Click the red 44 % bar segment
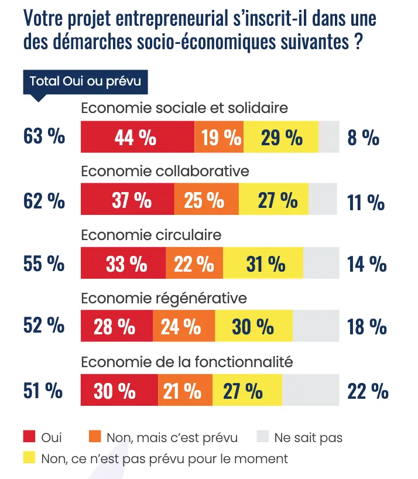[x=136, y=138]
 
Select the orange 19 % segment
[x=219, y=138]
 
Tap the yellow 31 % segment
[x=263, y=264]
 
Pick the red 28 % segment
[x=116, y=326]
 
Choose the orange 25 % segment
[x=206, y=200]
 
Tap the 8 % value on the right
[x=364, y=138]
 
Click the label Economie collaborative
[x=165, y=171]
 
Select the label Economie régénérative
[x=163, y=298]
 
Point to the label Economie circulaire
[x=151, y=235]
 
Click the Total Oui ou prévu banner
[x=85, y=81]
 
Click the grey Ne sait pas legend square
[x=263, y=437]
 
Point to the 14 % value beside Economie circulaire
[x=367, y=264]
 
